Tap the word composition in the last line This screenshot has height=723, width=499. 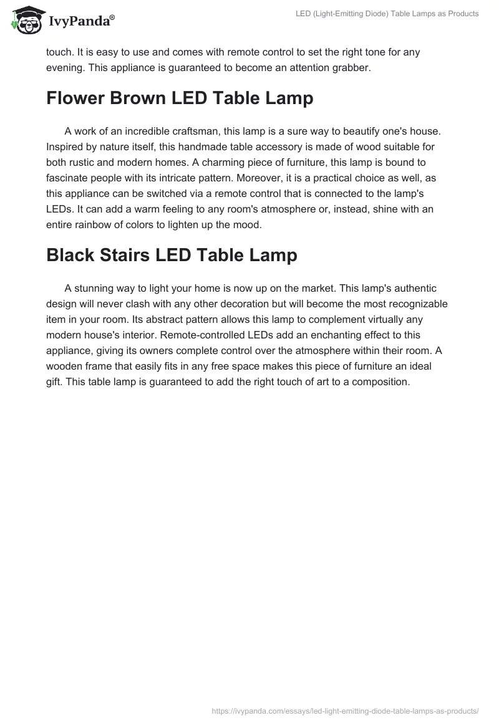tap(380, 381)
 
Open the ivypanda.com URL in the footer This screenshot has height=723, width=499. tap(345, 710)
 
